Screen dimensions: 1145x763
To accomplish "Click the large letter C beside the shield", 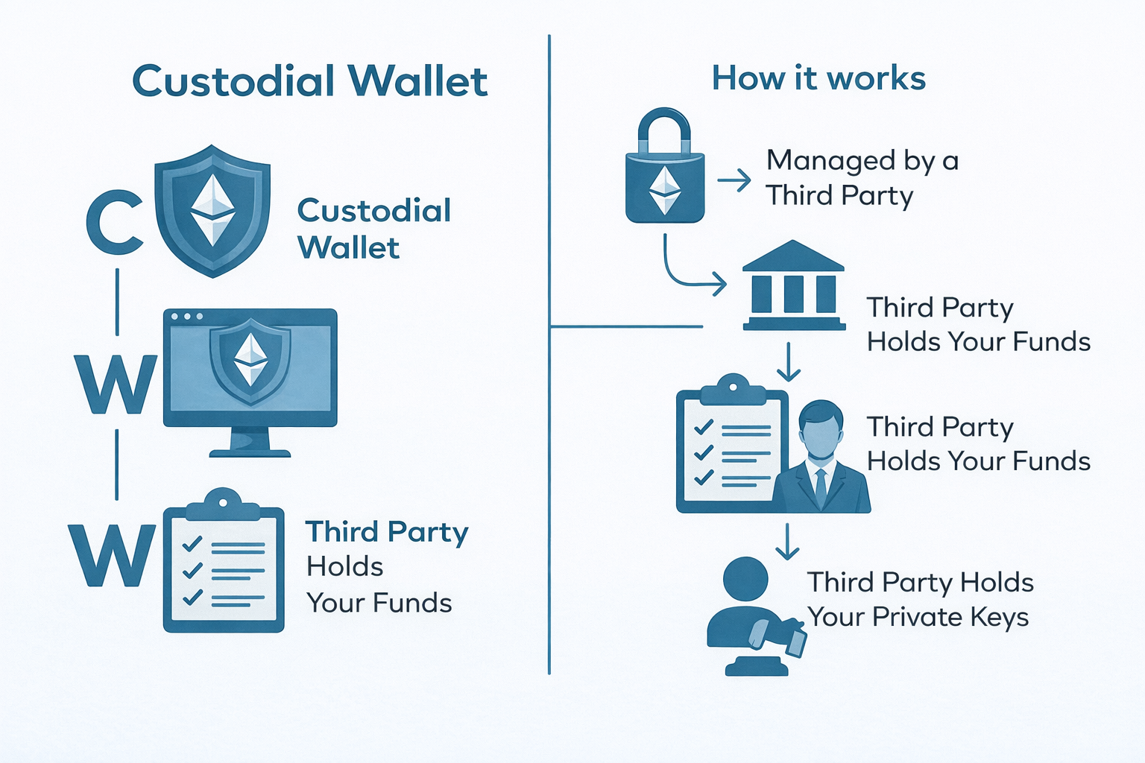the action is pos(114,222).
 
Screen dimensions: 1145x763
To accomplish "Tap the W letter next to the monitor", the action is pos(116,384).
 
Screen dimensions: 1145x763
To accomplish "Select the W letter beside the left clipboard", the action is pos(113,555).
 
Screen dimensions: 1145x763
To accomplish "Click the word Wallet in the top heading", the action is pos(417,81).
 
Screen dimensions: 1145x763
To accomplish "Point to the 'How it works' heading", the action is pos(818,78).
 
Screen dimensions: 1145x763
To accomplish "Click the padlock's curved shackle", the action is pos(664,130).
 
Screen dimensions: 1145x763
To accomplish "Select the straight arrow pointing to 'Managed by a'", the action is pos(734,180).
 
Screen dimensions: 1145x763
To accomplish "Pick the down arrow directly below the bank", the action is pos(789,362).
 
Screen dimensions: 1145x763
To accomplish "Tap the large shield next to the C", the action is pos(212,211).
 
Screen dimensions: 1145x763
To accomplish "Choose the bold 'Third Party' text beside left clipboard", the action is pos(387,533).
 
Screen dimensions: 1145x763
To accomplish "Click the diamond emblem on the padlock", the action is pos(665,190).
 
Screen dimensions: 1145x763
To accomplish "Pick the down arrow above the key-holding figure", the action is pos(787,542).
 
